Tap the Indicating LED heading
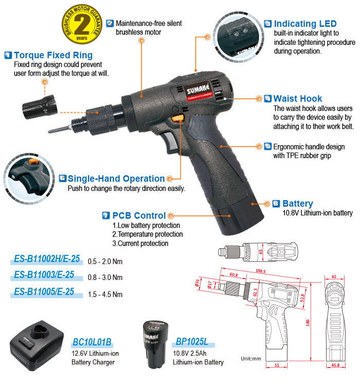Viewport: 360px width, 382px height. point(305,24)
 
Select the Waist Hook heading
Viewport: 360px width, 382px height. point(297,98)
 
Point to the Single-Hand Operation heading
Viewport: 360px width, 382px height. point(116,179)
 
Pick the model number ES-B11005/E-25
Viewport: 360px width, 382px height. point(44,292)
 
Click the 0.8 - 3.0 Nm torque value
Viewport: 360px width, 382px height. point(105,277)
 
